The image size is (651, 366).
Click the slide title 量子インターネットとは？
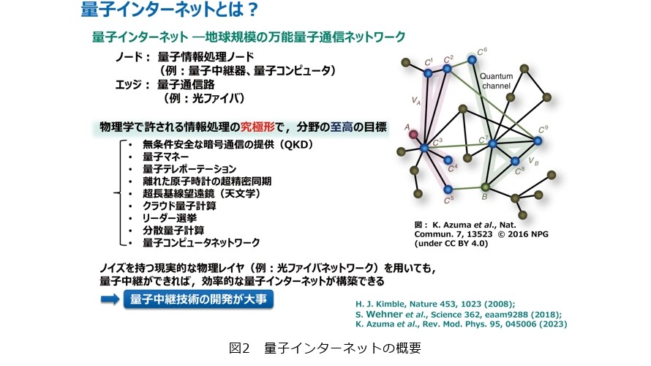(170, 10)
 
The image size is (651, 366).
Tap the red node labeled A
(413, 134)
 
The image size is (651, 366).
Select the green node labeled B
(485, 187)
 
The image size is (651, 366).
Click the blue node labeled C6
(472, 60)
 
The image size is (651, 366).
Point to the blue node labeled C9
(538, 141)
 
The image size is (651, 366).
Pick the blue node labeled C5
(448, 190)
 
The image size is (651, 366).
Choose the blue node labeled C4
(448, 160)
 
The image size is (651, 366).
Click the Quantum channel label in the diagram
(496, 81)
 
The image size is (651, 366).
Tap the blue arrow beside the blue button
(110, 299)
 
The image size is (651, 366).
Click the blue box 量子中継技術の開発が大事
(198, 299)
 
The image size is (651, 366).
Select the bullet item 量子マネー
(165, 157)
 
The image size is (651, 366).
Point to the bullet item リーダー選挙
(170, 218)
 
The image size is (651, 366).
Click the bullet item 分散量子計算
(173, 230)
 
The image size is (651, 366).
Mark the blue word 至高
(342, 127)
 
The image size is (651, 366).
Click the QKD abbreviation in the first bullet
(296, 145)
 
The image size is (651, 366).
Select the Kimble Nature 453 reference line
(435, 304)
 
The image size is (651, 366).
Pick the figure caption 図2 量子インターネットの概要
(325, 348)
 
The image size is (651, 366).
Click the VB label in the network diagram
(533, 161)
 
